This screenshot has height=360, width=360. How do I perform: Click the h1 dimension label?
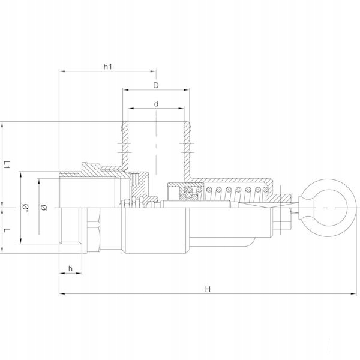(109, 67)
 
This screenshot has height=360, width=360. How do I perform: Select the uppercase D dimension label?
(155, 85)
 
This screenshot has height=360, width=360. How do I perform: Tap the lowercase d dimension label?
(155, 104)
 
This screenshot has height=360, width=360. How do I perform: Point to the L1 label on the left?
(7, 165)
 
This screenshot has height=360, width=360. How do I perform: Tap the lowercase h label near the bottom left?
(71, 268)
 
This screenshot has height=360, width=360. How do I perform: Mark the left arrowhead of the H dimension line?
(61, 294)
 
